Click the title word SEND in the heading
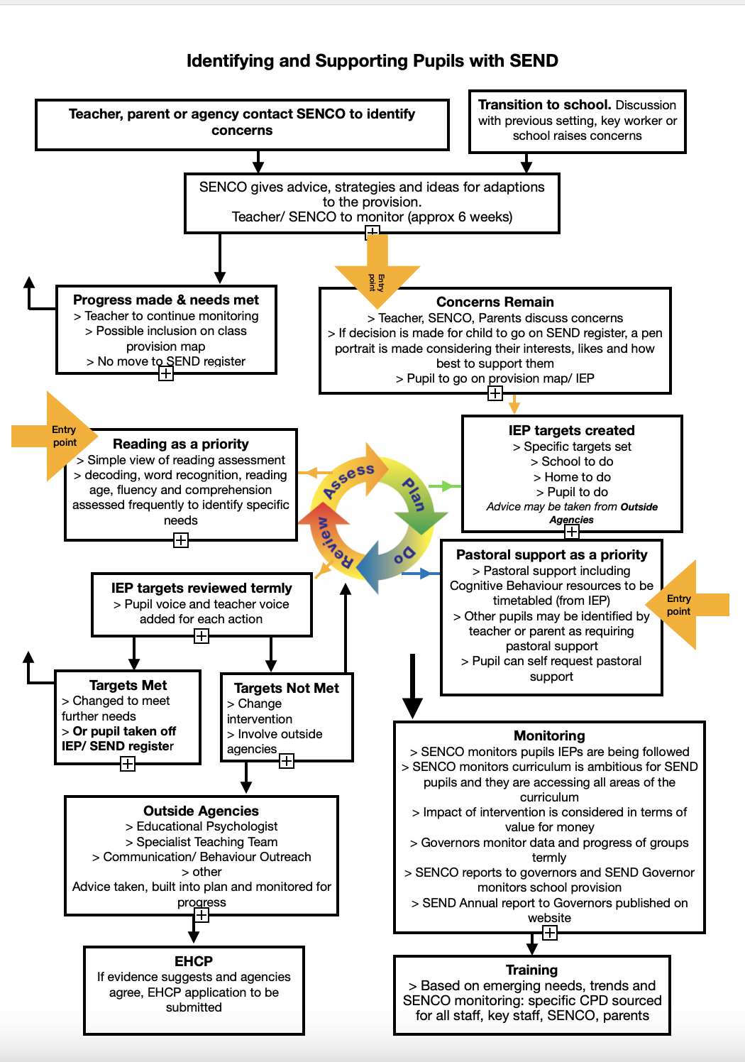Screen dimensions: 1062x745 534,61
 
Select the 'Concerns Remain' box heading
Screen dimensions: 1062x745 495,302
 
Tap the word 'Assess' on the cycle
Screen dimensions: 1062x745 348,481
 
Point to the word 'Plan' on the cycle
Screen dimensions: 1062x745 414,495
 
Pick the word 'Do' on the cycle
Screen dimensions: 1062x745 404,554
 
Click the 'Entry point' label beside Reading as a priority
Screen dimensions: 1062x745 64,436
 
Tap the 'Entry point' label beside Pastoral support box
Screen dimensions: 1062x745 678,605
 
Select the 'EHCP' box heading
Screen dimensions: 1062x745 194,961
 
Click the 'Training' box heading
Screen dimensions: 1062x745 531,970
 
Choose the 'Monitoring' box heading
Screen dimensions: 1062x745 549,736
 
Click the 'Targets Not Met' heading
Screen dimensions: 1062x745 287,689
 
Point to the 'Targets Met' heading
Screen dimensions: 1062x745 128,686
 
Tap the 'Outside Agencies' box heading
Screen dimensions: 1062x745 201,811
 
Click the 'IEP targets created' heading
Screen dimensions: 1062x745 571,431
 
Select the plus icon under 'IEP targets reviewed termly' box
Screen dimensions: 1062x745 202,636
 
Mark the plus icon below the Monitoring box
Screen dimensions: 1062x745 550,933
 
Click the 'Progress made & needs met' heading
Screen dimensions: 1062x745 166,300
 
